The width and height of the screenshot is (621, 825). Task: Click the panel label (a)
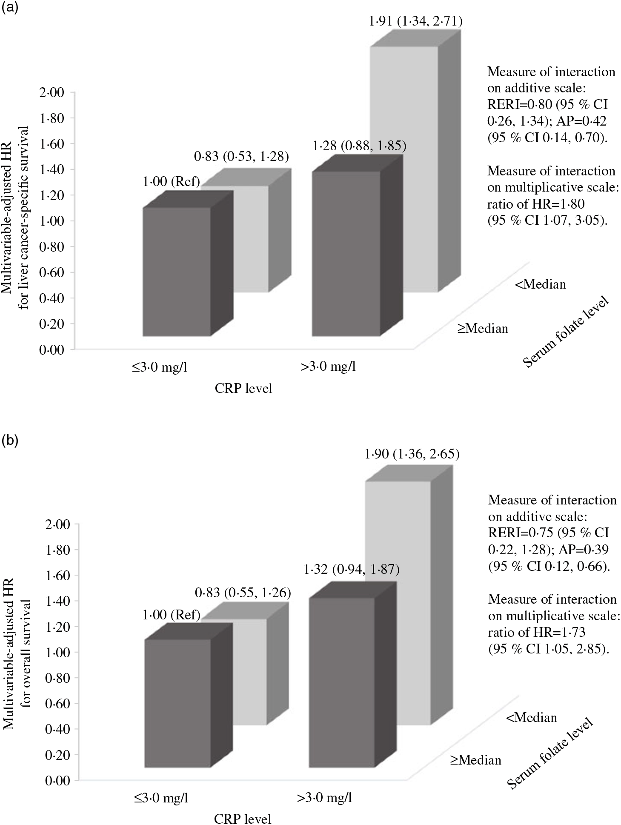click(x=9, y=9)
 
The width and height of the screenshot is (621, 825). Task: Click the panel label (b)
click(x=9, y=441)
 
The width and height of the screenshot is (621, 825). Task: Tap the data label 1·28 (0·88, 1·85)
click(x=359, y=146)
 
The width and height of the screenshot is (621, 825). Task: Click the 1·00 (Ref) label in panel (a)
click(x=171, y=182)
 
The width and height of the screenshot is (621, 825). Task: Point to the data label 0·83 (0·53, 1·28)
click(x=241, y=157)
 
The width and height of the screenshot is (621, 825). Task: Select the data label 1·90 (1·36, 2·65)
click(x=412, y=454)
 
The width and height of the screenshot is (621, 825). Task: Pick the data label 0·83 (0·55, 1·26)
click(x=243, y=592)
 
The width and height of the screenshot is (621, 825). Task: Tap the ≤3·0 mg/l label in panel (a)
click(x=159, y=367)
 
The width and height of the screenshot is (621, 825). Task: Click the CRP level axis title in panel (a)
click(x=243, y=388)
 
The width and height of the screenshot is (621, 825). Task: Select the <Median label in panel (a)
click(x=540, y=284)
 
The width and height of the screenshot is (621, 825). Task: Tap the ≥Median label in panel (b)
click(x=476, y=760)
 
